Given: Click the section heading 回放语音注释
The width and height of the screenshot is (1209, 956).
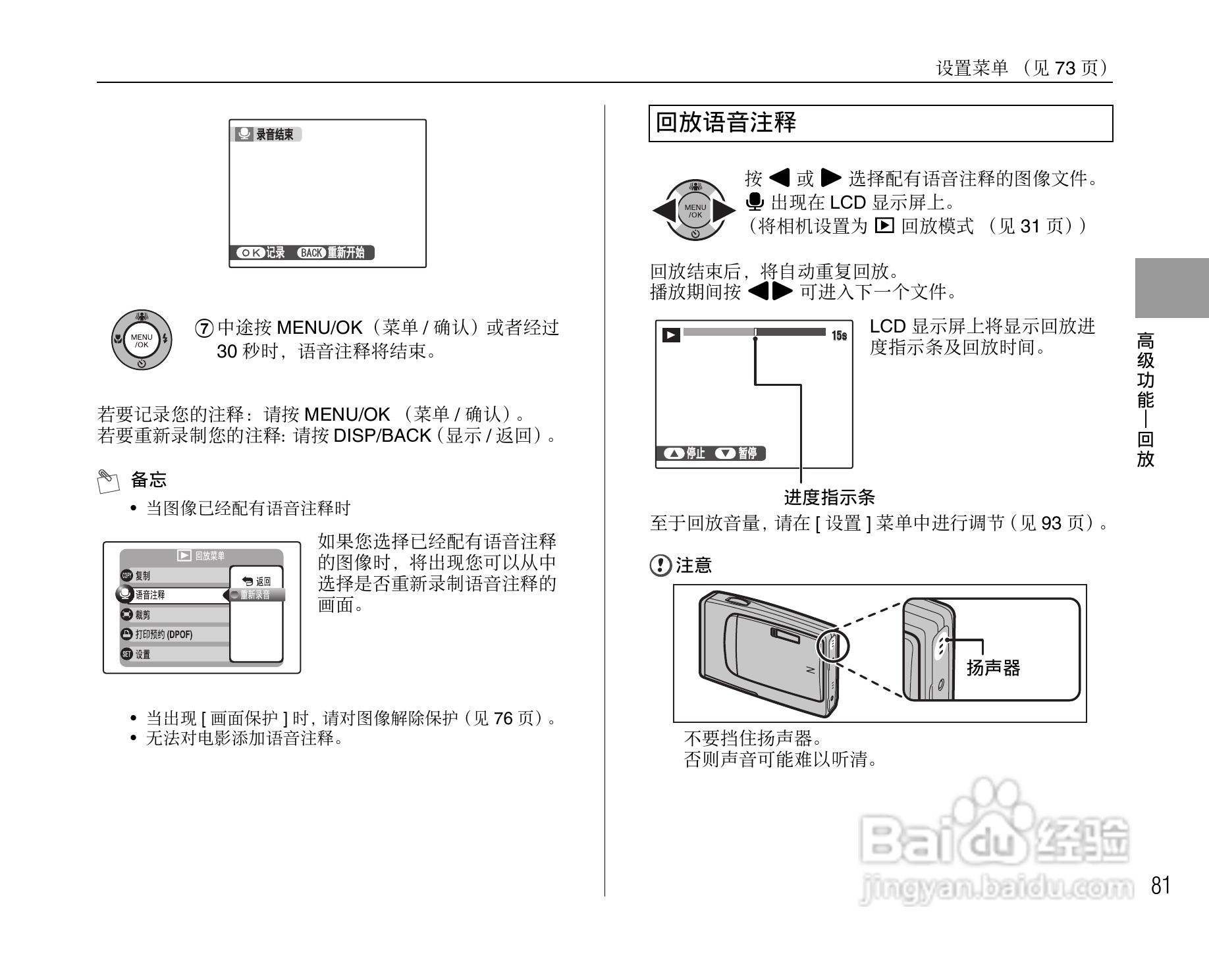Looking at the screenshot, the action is [726, 123].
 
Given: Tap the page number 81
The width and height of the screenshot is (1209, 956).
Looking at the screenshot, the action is [1161, 886].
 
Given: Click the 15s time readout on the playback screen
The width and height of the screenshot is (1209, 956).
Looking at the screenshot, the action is [839, 336].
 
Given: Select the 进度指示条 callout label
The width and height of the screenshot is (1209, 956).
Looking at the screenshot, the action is [829, 497].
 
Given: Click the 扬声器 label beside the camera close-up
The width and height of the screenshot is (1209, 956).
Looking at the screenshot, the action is [993, 668].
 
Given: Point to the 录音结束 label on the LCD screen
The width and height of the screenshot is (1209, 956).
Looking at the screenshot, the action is [274, 135].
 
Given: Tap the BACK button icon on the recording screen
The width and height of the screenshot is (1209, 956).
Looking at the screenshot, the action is [311, 253].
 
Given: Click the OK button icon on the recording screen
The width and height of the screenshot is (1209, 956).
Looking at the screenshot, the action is [250, 253].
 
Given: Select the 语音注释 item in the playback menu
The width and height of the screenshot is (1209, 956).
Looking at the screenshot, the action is [150, 595].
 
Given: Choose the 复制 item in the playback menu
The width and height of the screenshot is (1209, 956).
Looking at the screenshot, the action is [142, 575].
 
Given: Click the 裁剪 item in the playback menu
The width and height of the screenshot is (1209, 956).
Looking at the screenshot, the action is [142, 615].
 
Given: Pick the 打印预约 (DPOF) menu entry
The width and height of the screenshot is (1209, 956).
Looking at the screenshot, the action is [163, 635].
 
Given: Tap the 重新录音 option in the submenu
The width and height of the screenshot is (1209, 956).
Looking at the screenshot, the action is [255, 595].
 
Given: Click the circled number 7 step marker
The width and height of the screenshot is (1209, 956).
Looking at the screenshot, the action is [205, 328].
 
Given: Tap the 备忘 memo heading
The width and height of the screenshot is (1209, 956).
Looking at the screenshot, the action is [148, 479].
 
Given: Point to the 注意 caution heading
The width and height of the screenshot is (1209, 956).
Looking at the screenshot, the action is [693, 565].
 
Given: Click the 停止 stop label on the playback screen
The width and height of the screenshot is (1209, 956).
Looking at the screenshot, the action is [695, 453].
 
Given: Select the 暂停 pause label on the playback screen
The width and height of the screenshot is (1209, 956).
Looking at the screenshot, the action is [747, 453].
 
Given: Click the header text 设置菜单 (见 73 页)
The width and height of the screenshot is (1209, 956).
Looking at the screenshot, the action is [1023, 68].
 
